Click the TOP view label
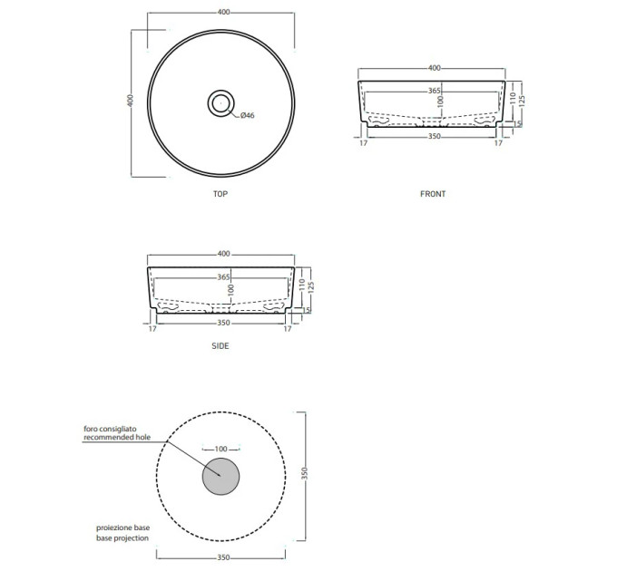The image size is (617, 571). tap(220, 194)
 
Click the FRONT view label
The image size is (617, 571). tap(433, 194)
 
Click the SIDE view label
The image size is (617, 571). tap(220, 346)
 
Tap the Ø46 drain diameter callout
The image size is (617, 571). tap(248, 115)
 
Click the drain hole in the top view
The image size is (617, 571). tap(221, 103)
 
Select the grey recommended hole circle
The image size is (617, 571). tap(220, 477)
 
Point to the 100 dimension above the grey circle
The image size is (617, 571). tap(221, 449)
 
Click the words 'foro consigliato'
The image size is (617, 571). tap(110, 429)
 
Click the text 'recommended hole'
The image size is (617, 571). tap(117, 437)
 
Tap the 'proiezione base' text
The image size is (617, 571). tap(122, 527)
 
